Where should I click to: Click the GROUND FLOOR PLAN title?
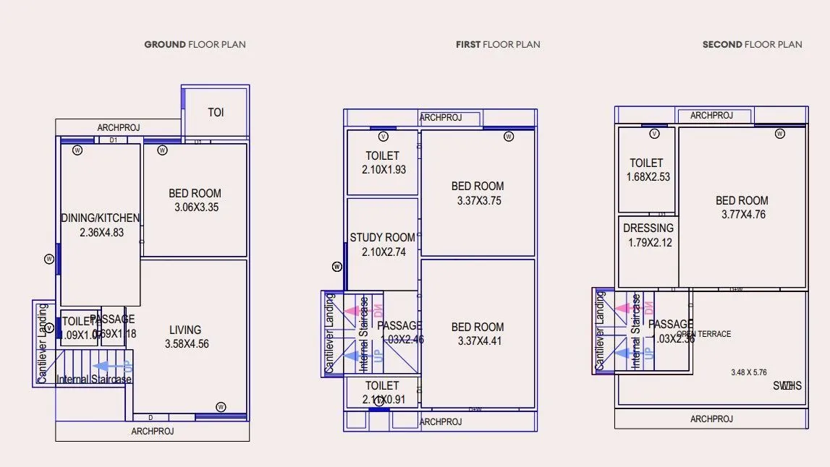click(x=195, y=44)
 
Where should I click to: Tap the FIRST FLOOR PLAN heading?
click(x=498, y=44)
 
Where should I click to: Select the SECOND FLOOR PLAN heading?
click(x=752, y=44)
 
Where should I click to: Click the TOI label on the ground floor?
click(x=216, y=112)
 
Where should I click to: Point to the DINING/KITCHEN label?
click(x=100, y=218)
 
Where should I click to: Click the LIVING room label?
click(x=185, y=330)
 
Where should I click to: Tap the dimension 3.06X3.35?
click(x=196, y=207)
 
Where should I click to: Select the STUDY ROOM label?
click(x=382, y=237)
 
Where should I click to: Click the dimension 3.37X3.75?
click(x=479, y=201)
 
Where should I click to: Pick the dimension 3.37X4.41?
click(x=479, y=341)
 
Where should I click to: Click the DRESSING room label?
click(x=648, y=228)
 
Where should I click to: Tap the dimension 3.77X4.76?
click(x=743, y=215)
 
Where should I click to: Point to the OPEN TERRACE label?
click(x=704, y=334)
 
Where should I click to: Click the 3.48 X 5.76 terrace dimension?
click(x=748, y=372)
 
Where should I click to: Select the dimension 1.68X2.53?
click(x=648, y=177)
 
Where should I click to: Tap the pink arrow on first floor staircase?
click(x=350, y=310)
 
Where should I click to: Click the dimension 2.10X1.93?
click(x=384, y=170)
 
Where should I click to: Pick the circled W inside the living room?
click(x=221, y=406)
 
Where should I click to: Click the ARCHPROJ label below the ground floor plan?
click(x=153, y=432)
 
